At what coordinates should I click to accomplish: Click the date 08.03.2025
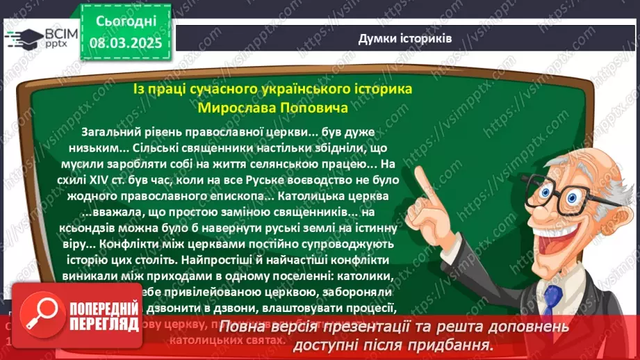click(x=125, y=42)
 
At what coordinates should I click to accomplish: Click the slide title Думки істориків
click(x=404, y=39)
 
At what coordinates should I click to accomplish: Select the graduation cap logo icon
click(x=24, y=37)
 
